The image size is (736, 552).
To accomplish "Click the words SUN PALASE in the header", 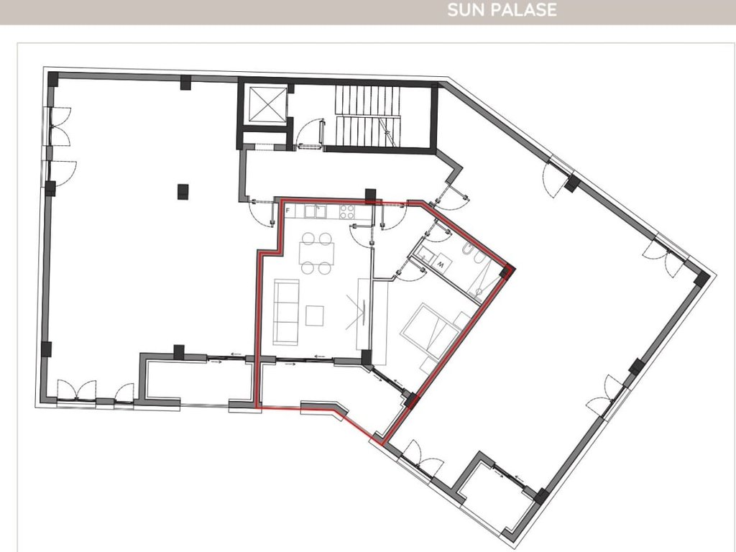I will (x=501, y=11).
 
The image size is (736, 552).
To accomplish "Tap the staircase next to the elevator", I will (x=367, y=116).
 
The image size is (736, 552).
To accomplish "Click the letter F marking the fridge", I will (x=287, y=211).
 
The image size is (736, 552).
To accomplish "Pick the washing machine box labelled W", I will (x=441, y=264).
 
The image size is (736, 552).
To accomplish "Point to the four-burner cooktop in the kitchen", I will (x=348, y=211).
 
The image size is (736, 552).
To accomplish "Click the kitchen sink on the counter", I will (x=315, y=211).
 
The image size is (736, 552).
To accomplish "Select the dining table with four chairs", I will (x=317, y=253).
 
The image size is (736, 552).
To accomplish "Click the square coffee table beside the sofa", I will (x=315, y=315).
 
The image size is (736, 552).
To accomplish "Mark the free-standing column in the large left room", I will (x=183, y=191).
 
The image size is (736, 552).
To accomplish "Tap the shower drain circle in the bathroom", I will (x=479, y=290).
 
